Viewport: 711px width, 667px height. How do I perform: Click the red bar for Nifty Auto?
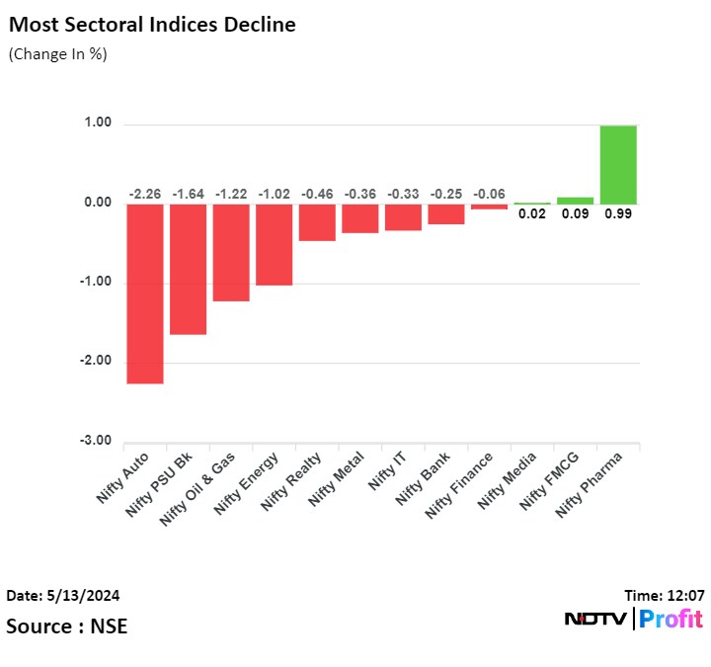coord(145,292)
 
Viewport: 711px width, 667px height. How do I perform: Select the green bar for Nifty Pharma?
coord(618,164)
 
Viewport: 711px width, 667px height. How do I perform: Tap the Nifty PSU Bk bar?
coord(188,269)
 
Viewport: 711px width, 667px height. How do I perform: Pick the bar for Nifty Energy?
coord(274,244)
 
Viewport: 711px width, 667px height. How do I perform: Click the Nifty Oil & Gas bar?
coord(231,252)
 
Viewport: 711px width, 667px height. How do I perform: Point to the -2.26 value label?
coord(145,195)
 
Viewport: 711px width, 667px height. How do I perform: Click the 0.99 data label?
coord(618,212)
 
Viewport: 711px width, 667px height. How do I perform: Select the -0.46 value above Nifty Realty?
coord(317,195)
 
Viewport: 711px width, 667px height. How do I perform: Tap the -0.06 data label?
coord(489,195)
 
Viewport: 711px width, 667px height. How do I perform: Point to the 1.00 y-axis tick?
coord(98,124)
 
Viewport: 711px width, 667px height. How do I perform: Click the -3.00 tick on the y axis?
coord(96,441)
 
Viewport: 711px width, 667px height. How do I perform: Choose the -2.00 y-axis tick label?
coord(96,362)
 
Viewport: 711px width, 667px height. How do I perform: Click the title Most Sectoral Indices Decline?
coord(151,25)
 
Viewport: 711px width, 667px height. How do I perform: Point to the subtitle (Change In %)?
coord(57,54)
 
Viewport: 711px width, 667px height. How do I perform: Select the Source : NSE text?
coord(66,626)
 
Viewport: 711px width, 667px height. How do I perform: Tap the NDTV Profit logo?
coord(633,620)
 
